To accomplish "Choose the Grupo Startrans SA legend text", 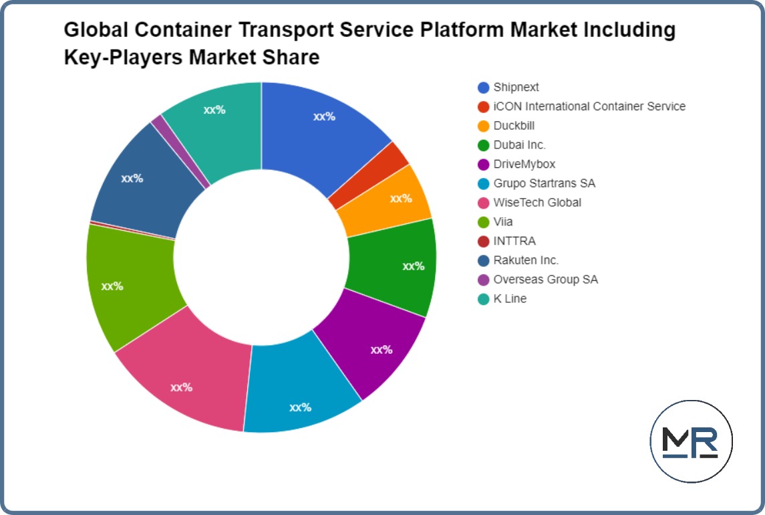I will click(x=544, y=183).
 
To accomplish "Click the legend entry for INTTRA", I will click(x=514, y=241).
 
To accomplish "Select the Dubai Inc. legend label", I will click(x=520, y=144).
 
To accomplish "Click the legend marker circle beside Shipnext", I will click(x=483, y=87).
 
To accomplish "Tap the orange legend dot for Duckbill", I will click(x=483, y=126).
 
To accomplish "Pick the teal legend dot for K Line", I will click(x=483, y=299).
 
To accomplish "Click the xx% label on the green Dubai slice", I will click(x=413, y=266).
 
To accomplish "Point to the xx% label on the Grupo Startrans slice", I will click(x=300, y=407).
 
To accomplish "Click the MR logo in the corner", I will click(x=691, y=441).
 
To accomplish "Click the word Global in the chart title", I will click(x=100, y=30).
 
